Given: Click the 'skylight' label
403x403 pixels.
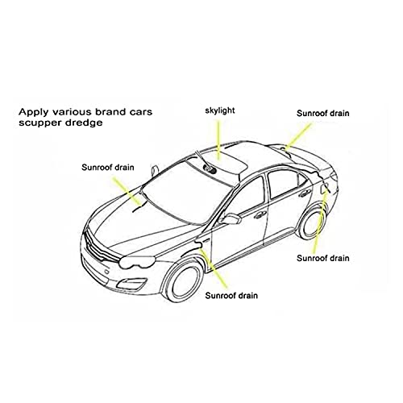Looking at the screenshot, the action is click(220, 110).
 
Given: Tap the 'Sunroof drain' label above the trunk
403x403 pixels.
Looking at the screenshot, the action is click(323, 114).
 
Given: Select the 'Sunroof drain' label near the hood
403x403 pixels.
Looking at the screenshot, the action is click(108, 168).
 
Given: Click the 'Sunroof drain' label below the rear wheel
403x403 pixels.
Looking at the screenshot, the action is click(323, 258).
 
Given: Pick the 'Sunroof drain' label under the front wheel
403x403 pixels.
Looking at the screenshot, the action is click(231, 296).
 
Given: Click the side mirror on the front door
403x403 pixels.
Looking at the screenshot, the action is click(231, 218).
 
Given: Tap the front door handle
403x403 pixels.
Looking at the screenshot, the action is click(260, 214).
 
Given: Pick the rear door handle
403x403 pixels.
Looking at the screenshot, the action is click(305, 193).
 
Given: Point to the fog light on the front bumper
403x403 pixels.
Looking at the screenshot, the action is click(131, 283).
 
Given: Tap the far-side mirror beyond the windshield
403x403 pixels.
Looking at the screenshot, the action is click(155, 170).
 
